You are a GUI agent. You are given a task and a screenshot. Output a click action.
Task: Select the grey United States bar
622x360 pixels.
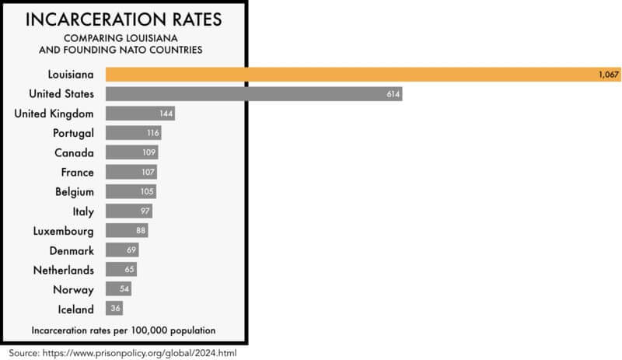[x=253, y=93]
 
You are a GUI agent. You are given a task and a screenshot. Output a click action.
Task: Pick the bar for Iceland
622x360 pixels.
[x=114, y=309]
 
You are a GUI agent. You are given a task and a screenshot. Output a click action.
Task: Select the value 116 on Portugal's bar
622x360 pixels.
[x=152, y=133]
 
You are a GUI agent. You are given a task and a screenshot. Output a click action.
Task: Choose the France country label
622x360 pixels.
[x=77, y=172]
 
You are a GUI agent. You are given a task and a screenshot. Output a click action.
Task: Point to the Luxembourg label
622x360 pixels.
[x=64, y=231]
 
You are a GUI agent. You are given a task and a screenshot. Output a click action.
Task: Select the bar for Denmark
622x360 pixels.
[x=121, y=250]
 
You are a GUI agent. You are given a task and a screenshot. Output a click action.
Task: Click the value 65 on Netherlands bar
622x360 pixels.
[x=130, y=270]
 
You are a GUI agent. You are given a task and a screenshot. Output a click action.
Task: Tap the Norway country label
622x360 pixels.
[x=75, y=289]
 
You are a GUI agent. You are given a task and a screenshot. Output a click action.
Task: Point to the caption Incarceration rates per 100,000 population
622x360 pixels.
[x=124, y=330]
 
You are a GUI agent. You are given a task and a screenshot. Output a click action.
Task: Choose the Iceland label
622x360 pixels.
[x=76, y=309]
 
